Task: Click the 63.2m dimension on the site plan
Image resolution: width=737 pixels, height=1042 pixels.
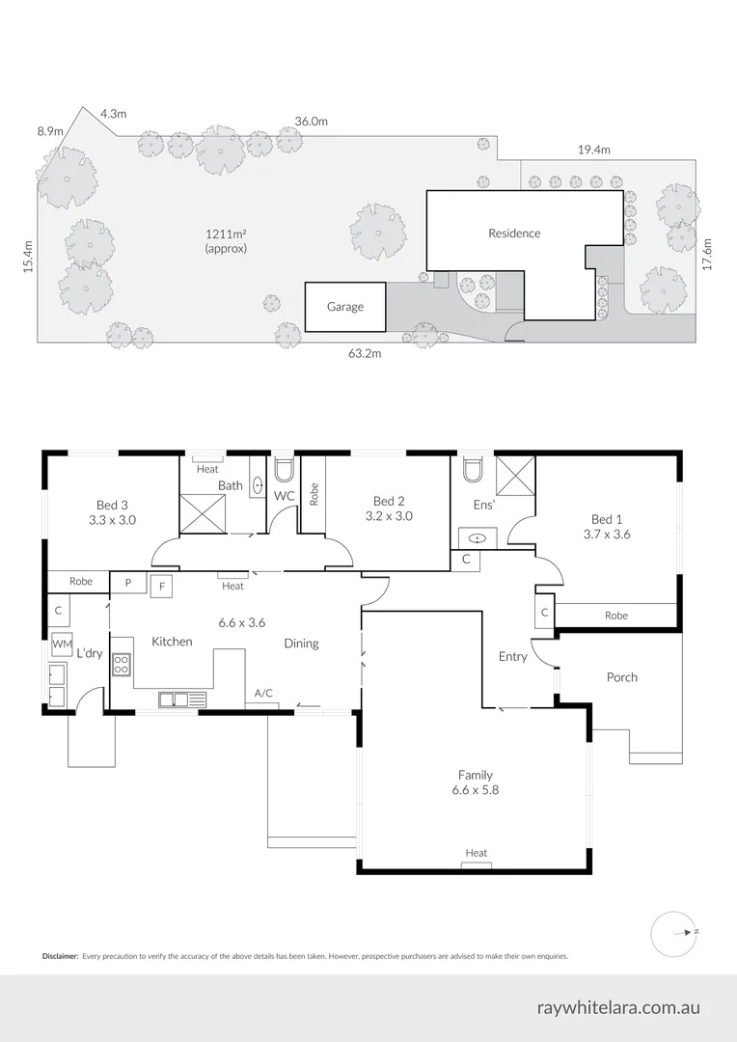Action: point(365,354)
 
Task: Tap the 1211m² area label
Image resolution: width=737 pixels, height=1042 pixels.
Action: point(226,240)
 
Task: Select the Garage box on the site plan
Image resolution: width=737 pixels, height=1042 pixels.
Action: point(345,307)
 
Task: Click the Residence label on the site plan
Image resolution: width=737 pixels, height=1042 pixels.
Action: point(514,233)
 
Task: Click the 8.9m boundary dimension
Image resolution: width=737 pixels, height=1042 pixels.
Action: point(50,131)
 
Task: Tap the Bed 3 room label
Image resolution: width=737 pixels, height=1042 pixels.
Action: point(113,505)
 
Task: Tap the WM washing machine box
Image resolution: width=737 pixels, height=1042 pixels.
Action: point(62,644)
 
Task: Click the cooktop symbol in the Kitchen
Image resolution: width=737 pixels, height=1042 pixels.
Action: point(122,664)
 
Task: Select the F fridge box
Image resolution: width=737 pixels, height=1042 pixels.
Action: point(161,585)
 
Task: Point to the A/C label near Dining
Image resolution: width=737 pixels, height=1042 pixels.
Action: point(262,694)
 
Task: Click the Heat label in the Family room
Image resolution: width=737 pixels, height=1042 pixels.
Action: point(476,853)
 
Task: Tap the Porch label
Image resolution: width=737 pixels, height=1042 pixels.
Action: point(622,677)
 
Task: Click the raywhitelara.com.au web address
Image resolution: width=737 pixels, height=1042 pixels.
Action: point(618,1007)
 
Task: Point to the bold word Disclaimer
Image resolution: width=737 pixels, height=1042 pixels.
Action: point(60,956)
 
